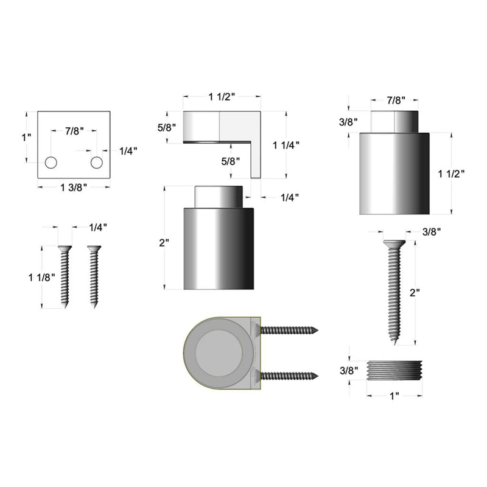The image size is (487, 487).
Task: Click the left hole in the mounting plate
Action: click(x=51, y=163)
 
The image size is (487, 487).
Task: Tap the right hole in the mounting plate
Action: click(x=97, y=163)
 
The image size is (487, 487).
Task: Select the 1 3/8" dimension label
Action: click(x=75, y=187)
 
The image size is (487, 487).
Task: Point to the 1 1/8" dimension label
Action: click(x=41, y=277)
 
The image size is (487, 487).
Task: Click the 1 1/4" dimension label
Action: click(x=286, y=145)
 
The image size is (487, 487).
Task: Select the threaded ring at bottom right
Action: click(x=394, y=370)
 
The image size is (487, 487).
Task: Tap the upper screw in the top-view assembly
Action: click(x=289, y=331)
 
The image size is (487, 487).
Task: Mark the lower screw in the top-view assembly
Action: click(x=289, y=375)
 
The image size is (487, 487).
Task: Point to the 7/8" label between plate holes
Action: click(x=73, y=130)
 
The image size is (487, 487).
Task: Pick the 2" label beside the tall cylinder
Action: click(x=163, y=242)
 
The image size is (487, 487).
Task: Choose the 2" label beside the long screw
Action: click(x=415, y=293)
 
